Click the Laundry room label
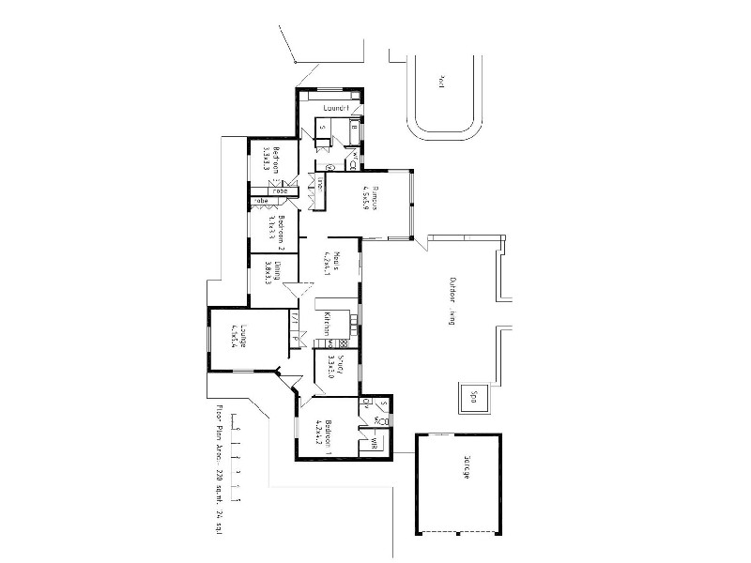[x=336, y=108]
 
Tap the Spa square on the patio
[x=473, y=396]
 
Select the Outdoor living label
[x=452, y=300]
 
